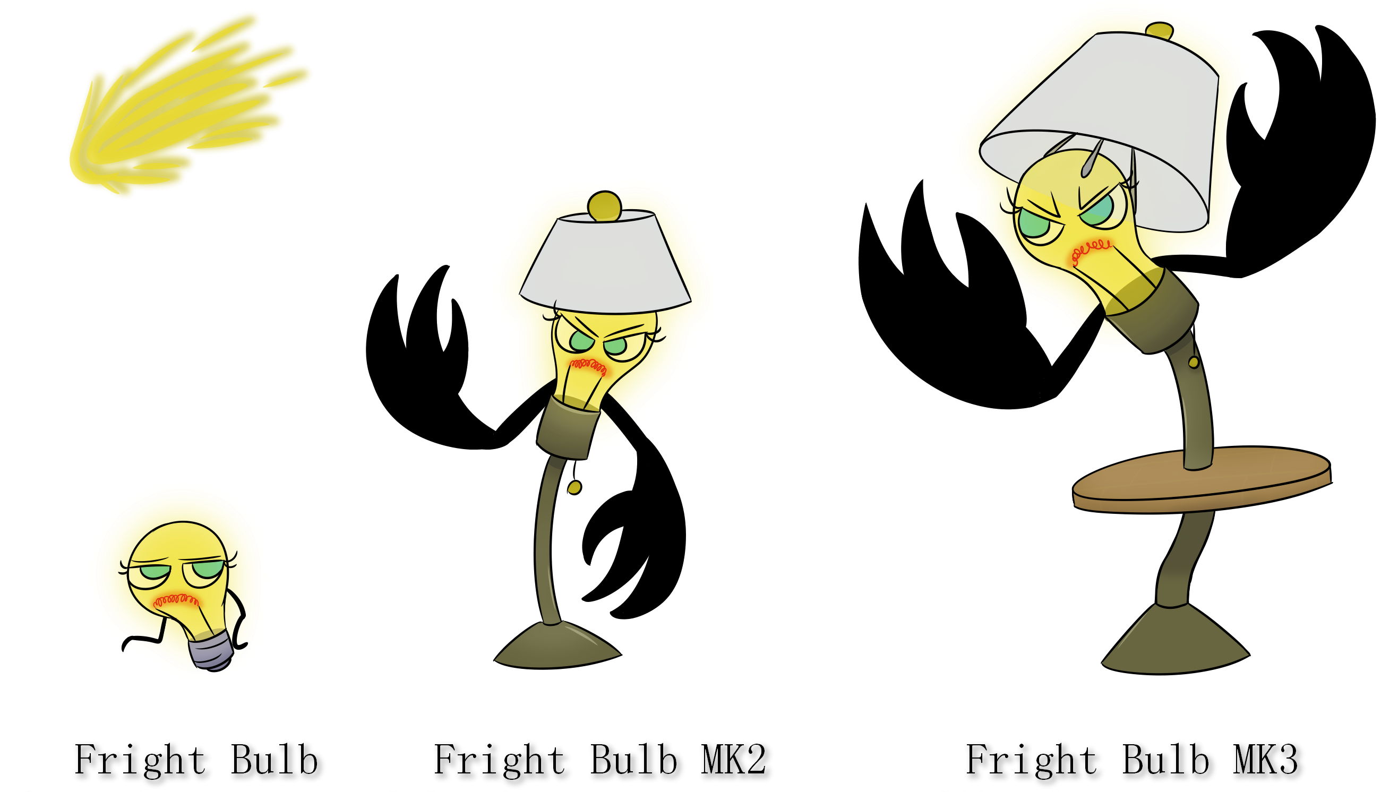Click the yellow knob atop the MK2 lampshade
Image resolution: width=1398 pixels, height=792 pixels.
604,205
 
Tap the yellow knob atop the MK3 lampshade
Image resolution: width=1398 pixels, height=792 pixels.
1159,30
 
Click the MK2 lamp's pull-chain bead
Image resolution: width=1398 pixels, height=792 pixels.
574,488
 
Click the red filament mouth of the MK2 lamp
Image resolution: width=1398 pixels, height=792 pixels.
588,366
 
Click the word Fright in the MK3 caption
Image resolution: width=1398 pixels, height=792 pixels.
1031,761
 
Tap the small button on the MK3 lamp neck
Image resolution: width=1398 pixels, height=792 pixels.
1194,362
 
